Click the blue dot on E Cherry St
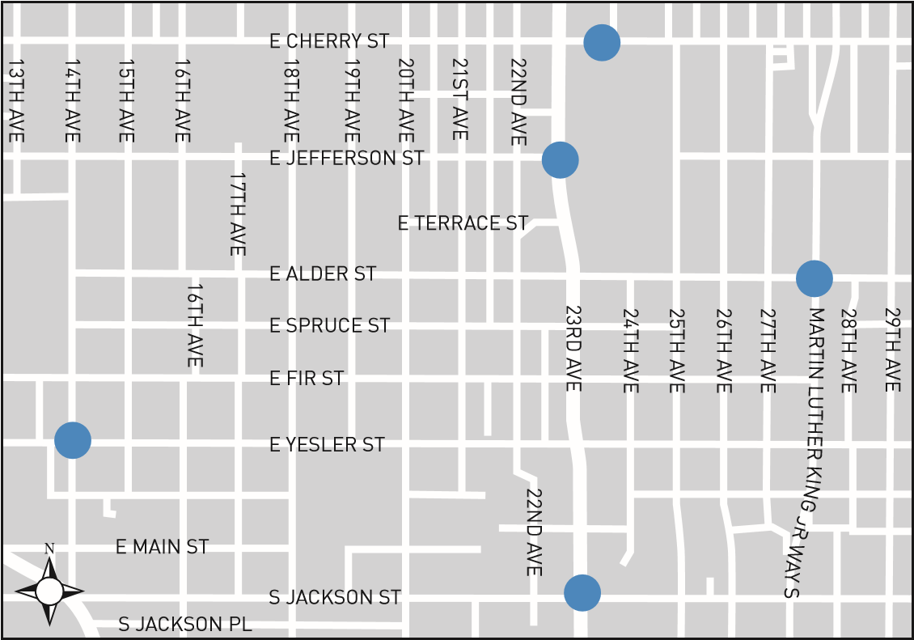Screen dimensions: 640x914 pos(602,42)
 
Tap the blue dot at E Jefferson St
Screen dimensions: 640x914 pos(560,159)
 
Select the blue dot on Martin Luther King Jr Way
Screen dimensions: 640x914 pos(814,278)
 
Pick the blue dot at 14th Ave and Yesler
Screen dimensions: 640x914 pos(73,440)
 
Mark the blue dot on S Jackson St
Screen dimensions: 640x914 pos(582,593)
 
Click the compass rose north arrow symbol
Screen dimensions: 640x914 pos(49,590)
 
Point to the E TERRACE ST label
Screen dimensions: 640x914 pos(463,223)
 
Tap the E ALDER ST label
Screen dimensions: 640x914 pos(323,274)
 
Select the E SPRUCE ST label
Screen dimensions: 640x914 pos(329,325)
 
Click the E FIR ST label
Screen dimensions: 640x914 pos(307,378)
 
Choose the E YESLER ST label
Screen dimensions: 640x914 pos(327,444)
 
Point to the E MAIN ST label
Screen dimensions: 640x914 pos(163,547)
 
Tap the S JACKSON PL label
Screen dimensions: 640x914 pos(185,625)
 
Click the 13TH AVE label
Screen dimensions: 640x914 pos(15,100)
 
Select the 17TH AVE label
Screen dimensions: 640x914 pos(237,214)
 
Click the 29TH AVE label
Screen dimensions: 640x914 pos(892,350)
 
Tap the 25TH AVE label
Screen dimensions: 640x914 pos(676,350)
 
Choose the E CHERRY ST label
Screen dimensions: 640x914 pos(329,41)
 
